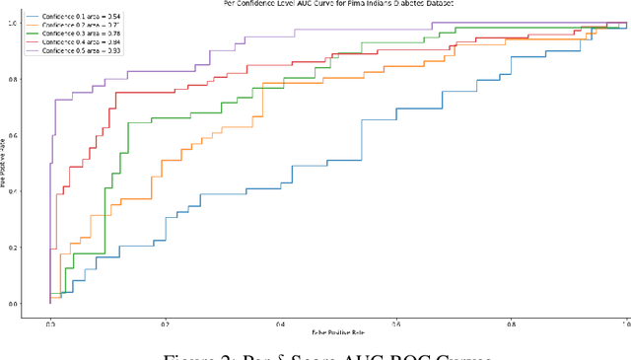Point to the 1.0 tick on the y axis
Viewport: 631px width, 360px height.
13,23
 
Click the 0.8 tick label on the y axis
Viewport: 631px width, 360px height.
13,79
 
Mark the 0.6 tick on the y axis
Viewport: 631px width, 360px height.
13,135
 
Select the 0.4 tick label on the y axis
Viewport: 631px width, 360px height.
13,191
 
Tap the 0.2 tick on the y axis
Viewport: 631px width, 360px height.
13,248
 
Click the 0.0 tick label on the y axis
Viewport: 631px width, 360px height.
13,304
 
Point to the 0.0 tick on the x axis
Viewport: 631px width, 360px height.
50,323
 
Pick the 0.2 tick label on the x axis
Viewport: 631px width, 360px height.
166,323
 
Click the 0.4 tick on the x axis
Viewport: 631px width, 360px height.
281,323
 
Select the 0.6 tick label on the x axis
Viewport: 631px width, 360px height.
396,323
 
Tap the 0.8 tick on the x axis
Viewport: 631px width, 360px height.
512,323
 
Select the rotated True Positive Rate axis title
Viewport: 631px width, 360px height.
4,163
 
